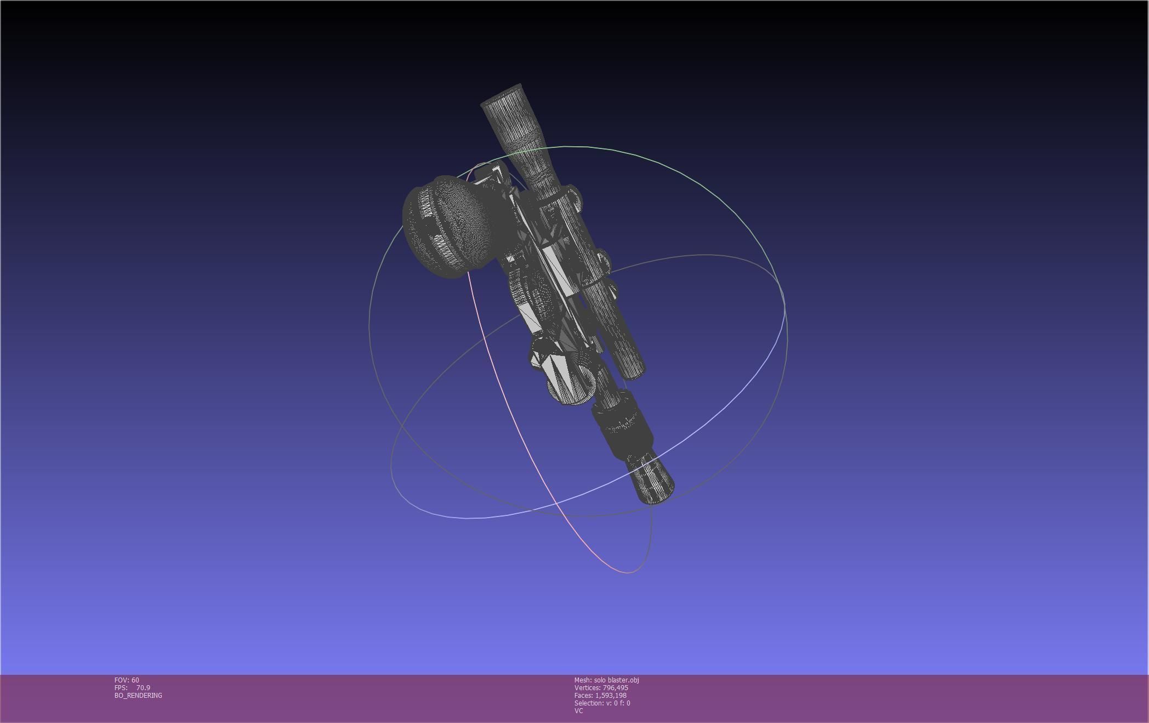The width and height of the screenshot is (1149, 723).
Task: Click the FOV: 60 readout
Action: coord(127,680)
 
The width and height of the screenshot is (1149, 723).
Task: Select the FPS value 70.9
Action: coord(143,688)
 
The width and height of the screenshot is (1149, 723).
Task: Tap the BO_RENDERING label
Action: coord(138,696)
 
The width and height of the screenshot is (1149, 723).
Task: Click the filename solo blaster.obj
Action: coord(616,680)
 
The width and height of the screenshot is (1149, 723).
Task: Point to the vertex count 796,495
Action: coord(615,688)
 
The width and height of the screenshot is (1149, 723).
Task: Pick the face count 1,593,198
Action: coord(611,696)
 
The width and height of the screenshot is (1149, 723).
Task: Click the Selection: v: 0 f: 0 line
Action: coord(602,703)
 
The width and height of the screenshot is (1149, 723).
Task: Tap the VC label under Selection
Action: coord(578,711)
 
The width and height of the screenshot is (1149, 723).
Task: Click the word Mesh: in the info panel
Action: coord(583,680)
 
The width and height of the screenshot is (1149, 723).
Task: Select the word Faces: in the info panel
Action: coord(583,696)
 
